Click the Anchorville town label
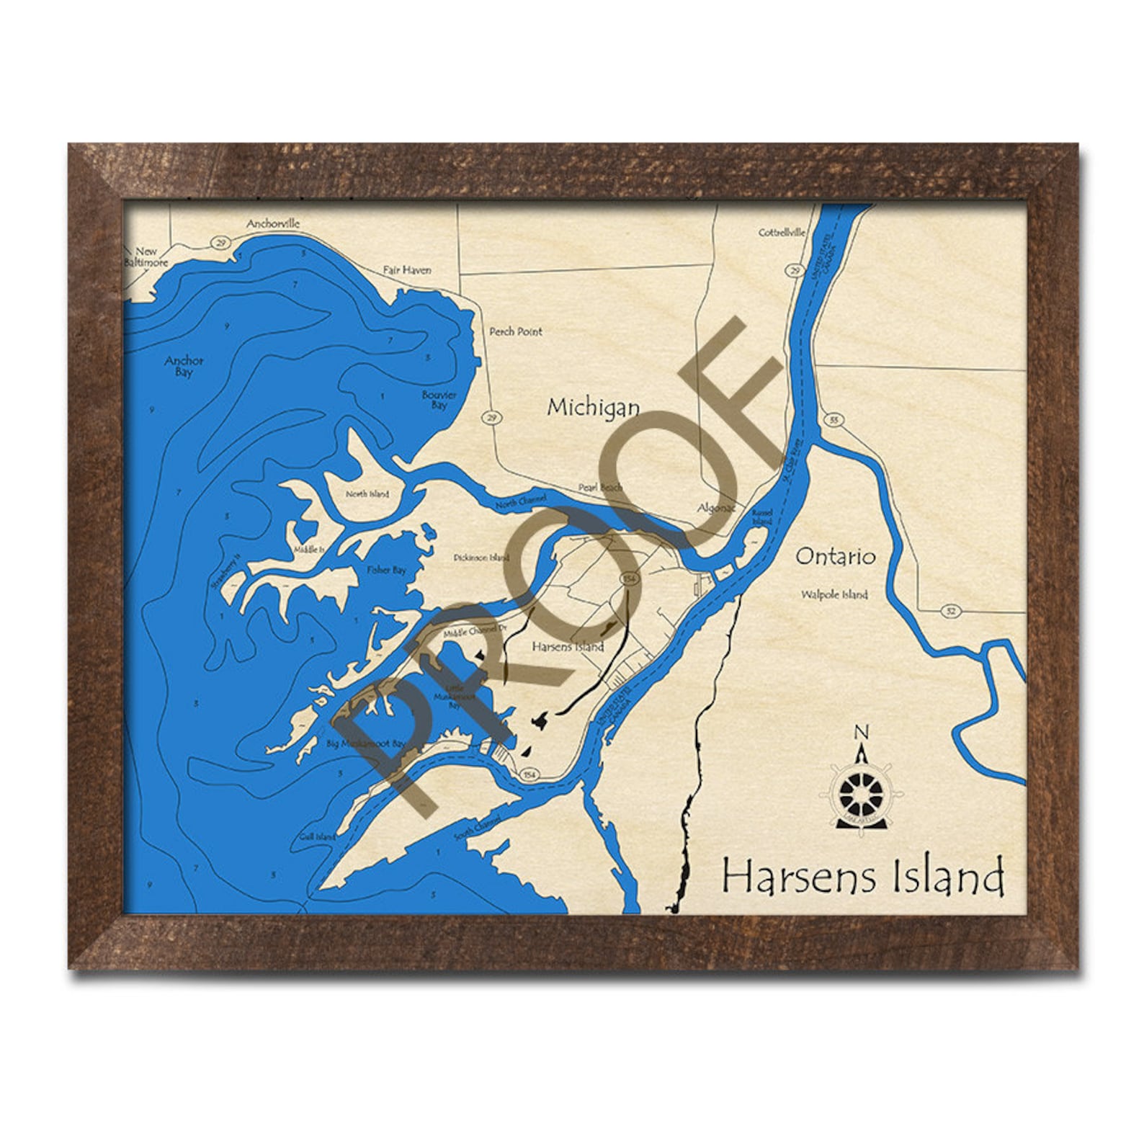pyautogui.click(x=273, y=223)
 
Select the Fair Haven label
pyautogui.click(x=407, y=270)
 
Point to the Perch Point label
pyautogui.click(x=516, y=331)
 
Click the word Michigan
pyautogui.click(x=593, y=408)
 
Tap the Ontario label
pyautogui.click(x=836, y=556)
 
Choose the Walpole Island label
pyautogui.click(x=834, y=595)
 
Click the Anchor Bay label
pyautogui.click(x=184, y=366)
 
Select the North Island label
pyautogui.click(x=367, y=494)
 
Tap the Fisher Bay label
pyautogui.click(x=387, y=571)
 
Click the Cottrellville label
pyautogui.click(x=782, y=233)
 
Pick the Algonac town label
pyautogui.click(x=716, y=508)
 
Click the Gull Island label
pyautogui.click(x=318, y=837)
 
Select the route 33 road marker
pyautogui.click(x=835, y=420)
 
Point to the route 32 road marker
pyautogui.click(x=951, y=611)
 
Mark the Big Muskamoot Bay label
pyautogui.click(x=366, y=743)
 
